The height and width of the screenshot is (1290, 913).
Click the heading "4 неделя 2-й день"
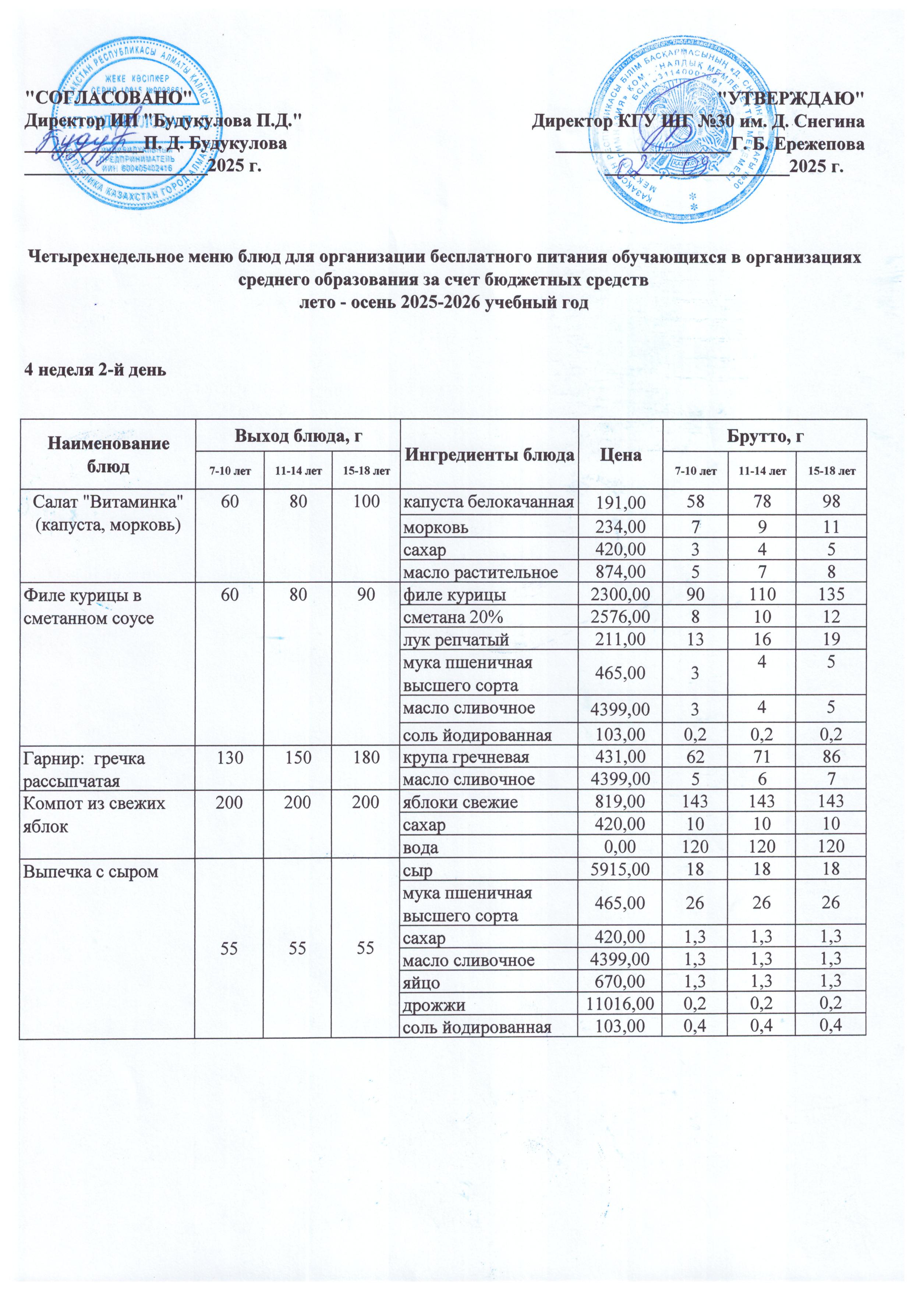[x=95, y=370]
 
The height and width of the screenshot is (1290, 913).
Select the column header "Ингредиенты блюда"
[x=489, y=455]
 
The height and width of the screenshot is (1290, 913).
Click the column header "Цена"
[x=620, y=455]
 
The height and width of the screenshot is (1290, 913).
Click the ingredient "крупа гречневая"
[x=466, y=757]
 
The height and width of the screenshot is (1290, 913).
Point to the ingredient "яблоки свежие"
[x=460, y=802]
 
